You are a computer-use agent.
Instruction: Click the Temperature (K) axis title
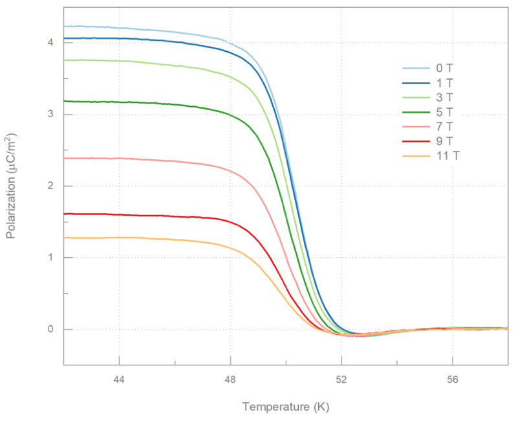286,407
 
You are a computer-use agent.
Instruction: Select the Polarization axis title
11,186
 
